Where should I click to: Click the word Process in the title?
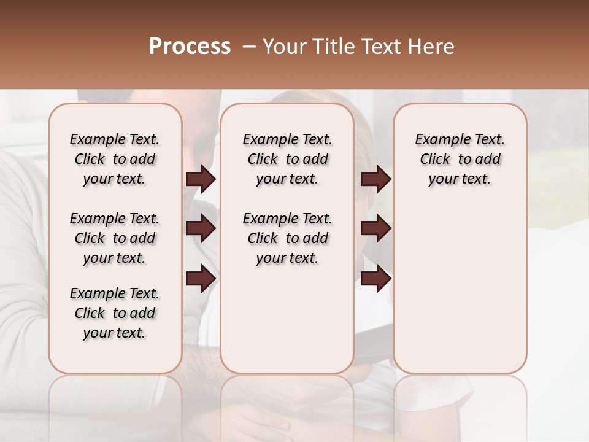(190, 47)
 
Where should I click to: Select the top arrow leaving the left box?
(201, 179)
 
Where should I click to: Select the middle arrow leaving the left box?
(201, 228)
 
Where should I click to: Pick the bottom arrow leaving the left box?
(201, 277)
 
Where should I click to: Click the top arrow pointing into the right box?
(375, 179)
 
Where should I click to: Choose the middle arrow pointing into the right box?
(375, 228)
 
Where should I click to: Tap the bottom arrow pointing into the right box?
(375, 277)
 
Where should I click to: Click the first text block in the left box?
(115, 159)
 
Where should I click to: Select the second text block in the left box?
(115, 238)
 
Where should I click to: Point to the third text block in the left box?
(115, 313)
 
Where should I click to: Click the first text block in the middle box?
(288, 159)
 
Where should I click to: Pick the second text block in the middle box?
(288, 238)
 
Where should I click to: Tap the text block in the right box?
(460, 159)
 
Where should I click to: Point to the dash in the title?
(248, 47)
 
